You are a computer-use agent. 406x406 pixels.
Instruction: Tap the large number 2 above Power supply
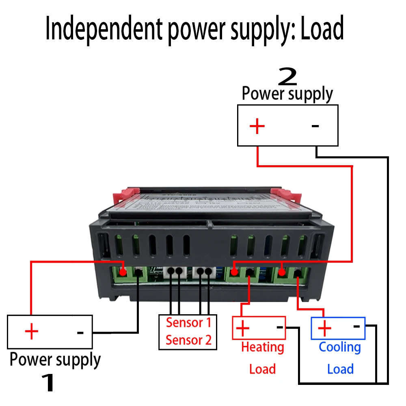(287, 76)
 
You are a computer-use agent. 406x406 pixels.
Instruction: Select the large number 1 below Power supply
(48, 383)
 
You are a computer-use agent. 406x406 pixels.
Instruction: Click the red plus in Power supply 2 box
(257, 126)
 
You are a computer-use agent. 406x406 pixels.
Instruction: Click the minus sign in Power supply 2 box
(315, 126)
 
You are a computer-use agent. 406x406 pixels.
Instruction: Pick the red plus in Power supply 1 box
(31, 332)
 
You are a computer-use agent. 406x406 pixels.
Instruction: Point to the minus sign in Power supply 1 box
(80, 333)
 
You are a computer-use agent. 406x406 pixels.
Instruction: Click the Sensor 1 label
(189, 323)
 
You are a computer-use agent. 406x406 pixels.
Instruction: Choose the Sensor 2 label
(189, 340)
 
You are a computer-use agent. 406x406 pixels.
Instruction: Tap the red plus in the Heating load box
(243, 327)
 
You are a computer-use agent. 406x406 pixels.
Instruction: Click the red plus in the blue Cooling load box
(325, 327)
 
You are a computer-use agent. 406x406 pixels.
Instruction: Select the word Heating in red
(262, 347)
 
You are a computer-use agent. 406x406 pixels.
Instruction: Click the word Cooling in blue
(340, 347)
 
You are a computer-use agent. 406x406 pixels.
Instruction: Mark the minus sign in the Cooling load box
(356, 326)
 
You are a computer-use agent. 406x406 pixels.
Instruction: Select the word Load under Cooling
(340, 369)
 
